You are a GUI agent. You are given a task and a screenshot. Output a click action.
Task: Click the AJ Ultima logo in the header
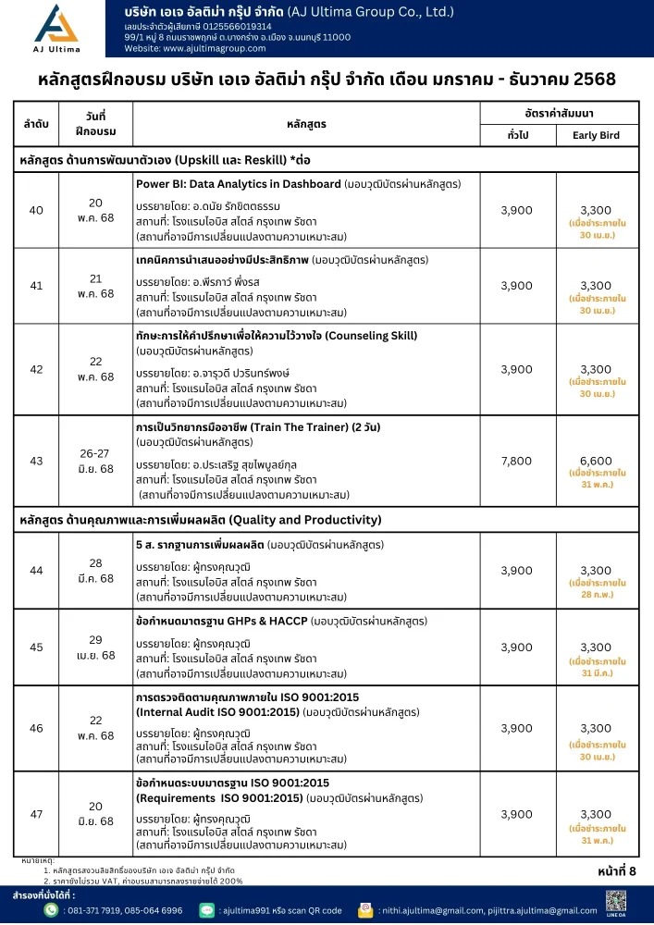click(x=57, y=30)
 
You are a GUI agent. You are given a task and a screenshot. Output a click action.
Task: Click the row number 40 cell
click(x=36, y=211)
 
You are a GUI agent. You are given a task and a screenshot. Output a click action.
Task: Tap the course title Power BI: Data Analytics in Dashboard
click(x=238, y=183)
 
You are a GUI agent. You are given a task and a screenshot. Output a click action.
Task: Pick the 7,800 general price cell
click(x=516, y=461)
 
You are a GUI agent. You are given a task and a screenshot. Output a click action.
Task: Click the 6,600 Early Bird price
click(x=596, y=461)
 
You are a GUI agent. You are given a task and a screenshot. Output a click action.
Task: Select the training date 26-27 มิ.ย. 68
click(x=95, y=462)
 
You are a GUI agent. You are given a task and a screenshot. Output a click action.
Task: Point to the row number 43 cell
click(x=36, y=461)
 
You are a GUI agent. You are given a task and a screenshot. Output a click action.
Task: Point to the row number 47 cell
click(x=36, y=814)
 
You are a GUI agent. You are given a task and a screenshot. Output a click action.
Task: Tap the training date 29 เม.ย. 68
click(x=95, y=647)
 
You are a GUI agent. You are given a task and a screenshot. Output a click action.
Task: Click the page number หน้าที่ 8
click(x=617, y=870)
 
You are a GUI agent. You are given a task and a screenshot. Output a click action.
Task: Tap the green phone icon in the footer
click(x=52, y=910)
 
